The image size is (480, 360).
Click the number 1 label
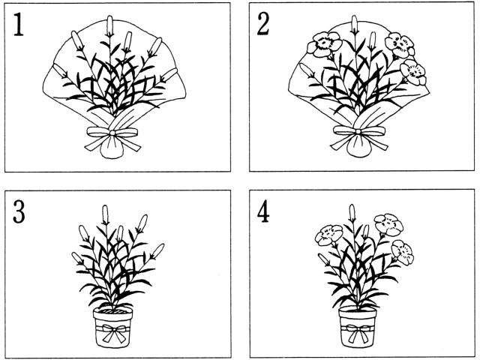tap(18, 25)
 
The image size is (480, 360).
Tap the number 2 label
tap(263, 25)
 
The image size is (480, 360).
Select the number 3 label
tap(19, 211)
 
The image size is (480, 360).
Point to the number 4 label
tap(263, 211)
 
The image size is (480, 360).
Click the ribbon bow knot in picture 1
tap(112, 133)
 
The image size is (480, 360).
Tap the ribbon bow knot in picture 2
tap(358, 132)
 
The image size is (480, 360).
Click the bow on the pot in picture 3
tap(114, 332)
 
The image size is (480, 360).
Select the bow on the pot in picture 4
tap(358, 332)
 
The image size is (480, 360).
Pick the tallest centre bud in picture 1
tap(109, 26)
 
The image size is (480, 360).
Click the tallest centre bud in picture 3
tap(105, 215)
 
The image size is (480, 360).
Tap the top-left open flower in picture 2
tap(324, 44)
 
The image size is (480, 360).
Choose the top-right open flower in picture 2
tap(400, 45)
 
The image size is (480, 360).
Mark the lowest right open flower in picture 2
tap(413, 72)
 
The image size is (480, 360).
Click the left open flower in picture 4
tap(328, 235)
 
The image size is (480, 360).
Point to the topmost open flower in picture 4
tap(388, 224)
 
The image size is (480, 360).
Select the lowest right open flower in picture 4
tap(403, 252)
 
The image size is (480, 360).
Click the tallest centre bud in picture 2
tap(354, 25)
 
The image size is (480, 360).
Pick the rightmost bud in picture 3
tap(158, 251)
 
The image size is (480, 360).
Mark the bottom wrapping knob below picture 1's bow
tap(112, 148)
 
